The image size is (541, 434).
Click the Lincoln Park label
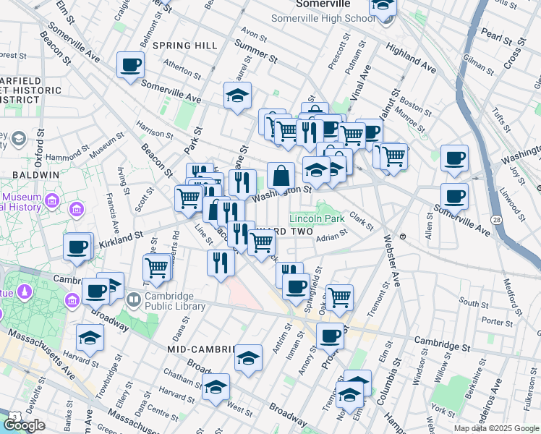317,218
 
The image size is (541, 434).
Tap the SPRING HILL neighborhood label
185,46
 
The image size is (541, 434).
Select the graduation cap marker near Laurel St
237,96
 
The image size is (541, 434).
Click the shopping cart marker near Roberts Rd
157,267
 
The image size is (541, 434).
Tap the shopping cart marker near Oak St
339,297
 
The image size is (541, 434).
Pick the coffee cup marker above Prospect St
331,337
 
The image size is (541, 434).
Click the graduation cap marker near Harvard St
90,338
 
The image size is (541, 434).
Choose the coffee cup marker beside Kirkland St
77,247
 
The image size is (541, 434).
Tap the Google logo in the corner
24,425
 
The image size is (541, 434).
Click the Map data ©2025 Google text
496,428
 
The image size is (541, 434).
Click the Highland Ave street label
411,58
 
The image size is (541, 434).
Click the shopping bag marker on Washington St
281,176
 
